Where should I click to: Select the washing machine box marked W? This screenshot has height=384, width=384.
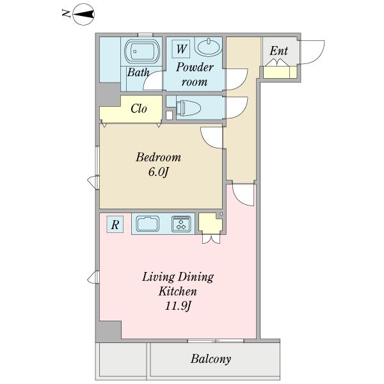(x=180, y=49)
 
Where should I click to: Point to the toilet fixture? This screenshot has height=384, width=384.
(x=188, y=108)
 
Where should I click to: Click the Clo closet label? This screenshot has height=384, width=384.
(x=139, y=109)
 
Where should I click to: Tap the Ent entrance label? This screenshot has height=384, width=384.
(x=278, y=51)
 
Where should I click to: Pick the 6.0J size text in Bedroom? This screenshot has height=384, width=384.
(x=159, y=172)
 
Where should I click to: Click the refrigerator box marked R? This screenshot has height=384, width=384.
(x=115, y=225)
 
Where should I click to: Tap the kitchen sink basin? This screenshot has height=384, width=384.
(x=147, y=223)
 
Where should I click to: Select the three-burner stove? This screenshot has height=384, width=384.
(x=181, y=223)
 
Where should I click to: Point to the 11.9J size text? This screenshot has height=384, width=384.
(x=177, y=306)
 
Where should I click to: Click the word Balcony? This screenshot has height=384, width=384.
(x=211, y=359)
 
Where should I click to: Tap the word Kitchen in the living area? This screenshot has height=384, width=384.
(x=178, y=291)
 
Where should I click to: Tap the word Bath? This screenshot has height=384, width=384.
(x=138, y=72)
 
